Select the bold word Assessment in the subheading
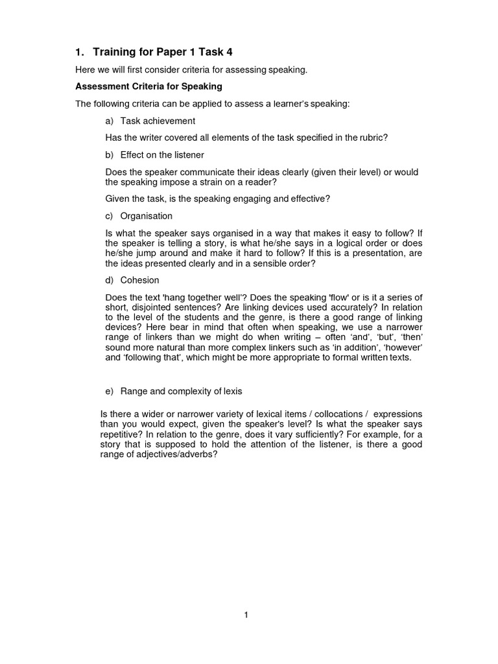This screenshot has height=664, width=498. point(102,86)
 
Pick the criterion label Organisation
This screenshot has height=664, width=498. point(147,215)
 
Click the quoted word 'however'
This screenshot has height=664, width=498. point(403,348)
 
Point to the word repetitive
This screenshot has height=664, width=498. point(120,434)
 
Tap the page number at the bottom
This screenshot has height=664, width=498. point(246,615)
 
